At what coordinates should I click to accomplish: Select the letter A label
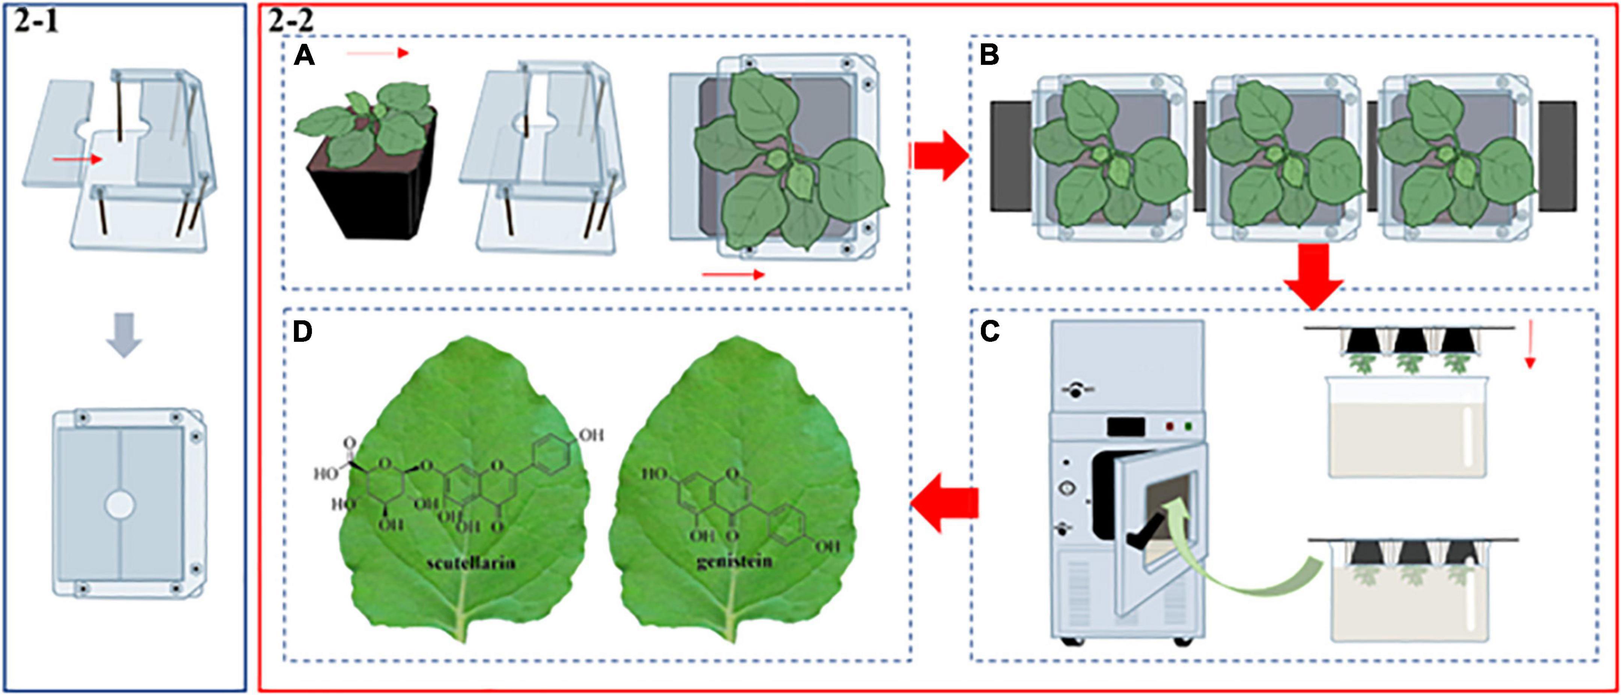(x=304, y=57)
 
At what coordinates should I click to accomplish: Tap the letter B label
(x=989, y=57)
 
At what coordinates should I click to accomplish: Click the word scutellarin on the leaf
(x=471, y=562)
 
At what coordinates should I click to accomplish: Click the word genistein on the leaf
(x=734, y=560)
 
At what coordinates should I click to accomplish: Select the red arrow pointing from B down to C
(x=1313, y=276)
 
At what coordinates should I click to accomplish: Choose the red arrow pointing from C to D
(x=944, y=504)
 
